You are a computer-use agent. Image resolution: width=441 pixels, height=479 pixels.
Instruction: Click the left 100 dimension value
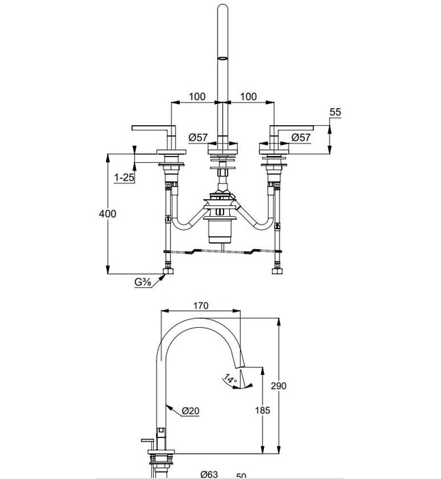[196, 96]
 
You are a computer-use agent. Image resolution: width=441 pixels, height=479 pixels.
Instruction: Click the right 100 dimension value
[249, 96]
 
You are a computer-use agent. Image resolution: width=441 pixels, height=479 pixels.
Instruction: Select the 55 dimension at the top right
[335, 112]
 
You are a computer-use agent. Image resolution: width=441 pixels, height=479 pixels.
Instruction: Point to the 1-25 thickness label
[124, 177]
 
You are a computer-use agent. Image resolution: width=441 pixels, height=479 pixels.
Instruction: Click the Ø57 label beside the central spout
[198, 138]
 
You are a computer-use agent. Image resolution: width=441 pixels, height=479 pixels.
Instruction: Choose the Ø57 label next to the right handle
[302, 138]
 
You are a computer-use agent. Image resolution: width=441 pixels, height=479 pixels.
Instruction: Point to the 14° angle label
[230, 378]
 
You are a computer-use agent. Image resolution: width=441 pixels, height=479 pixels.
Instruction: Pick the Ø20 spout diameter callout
[191, 411]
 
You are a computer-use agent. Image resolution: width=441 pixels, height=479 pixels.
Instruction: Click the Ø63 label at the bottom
[210, 473]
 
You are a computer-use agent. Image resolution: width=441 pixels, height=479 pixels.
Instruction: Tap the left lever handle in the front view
[155, 128]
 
